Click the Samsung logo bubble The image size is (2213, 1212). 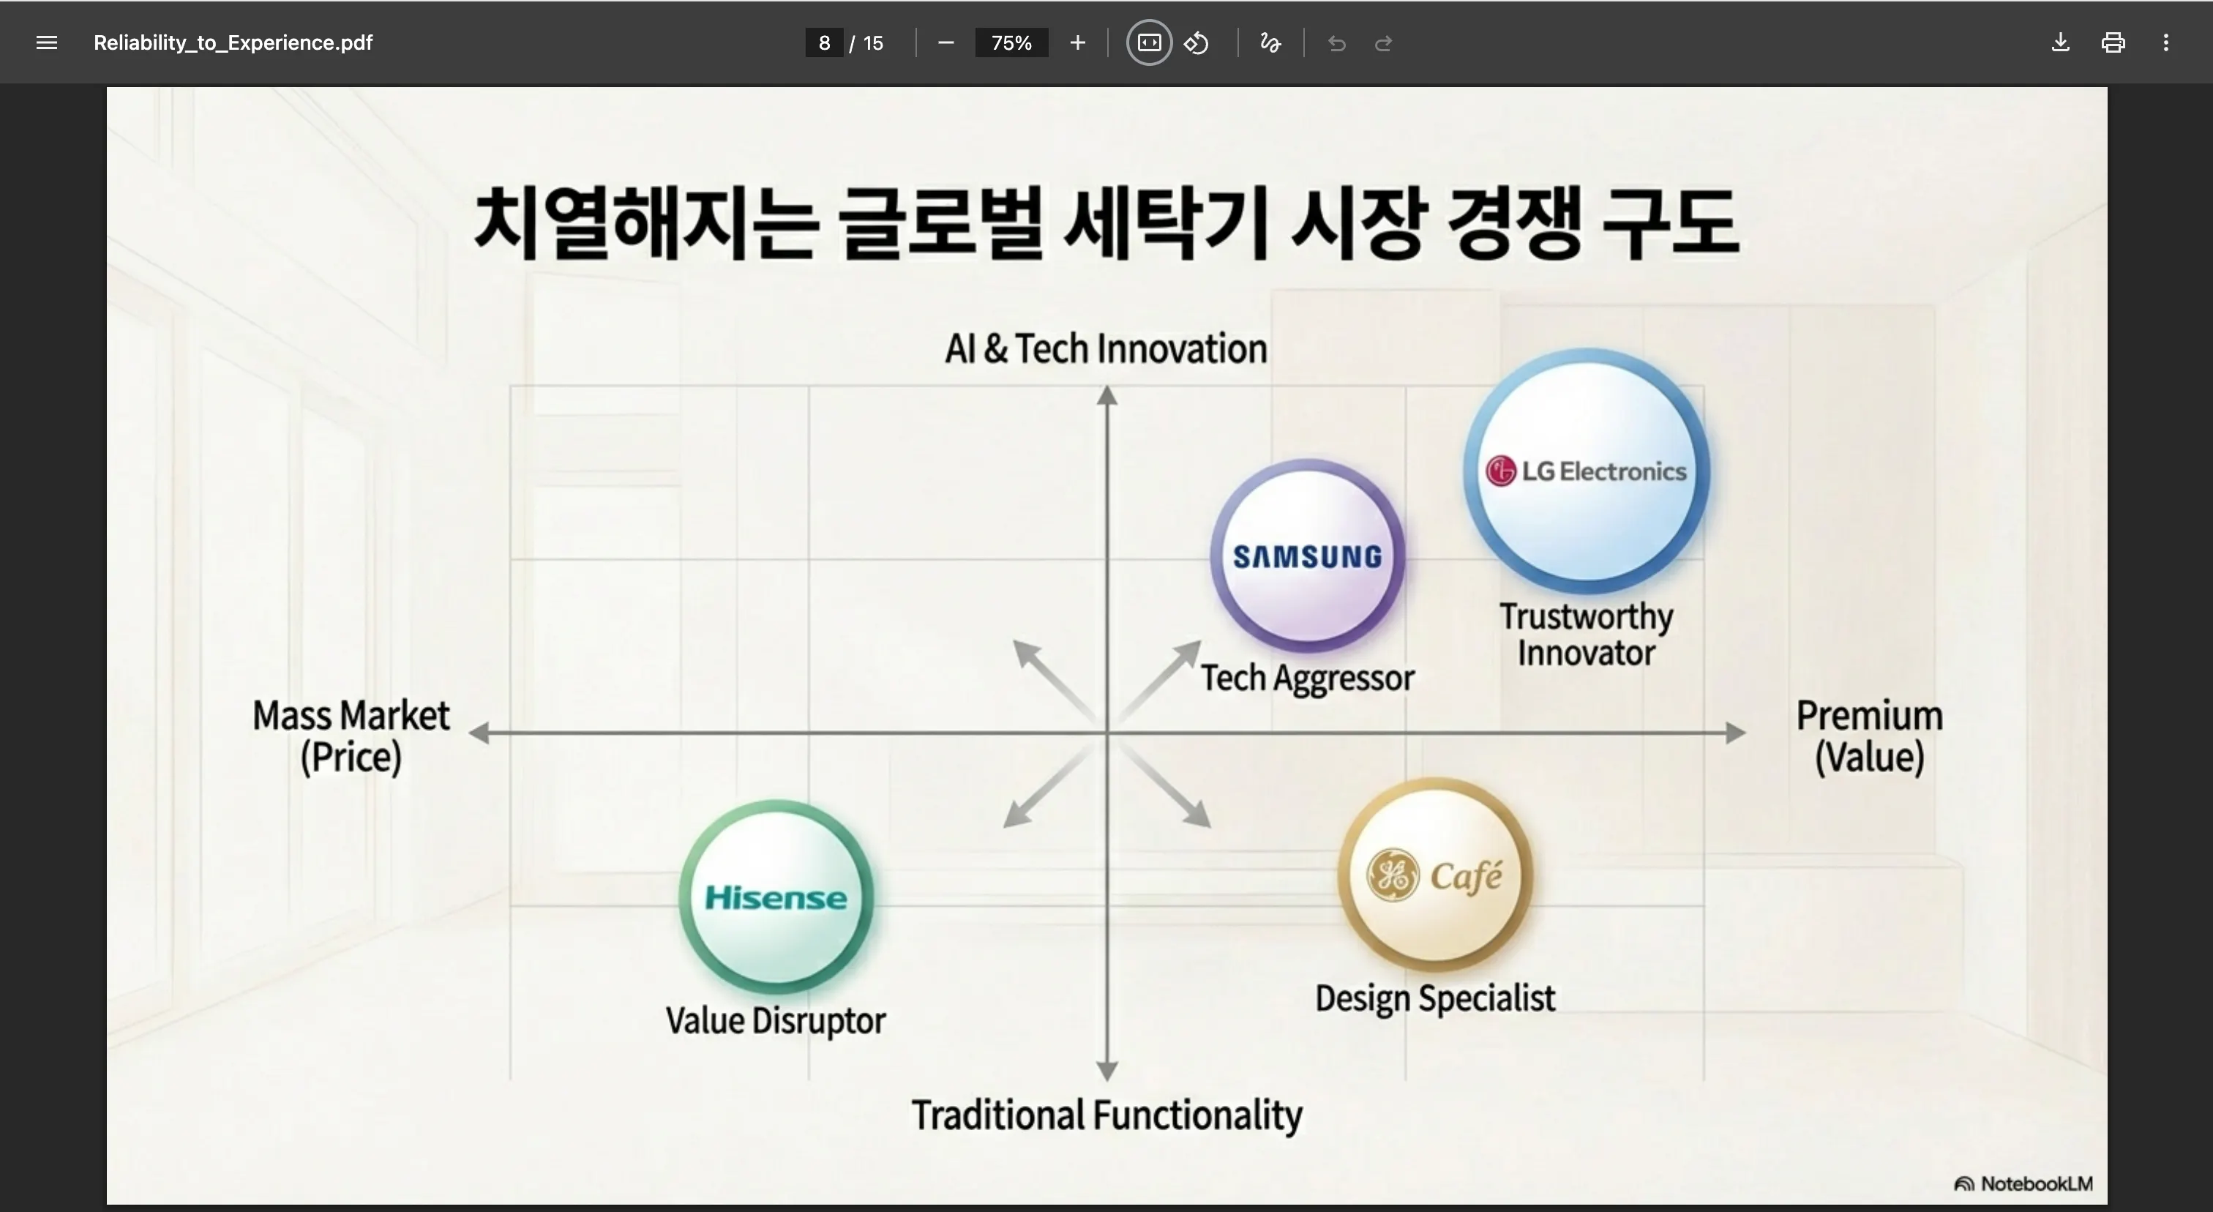[x=1308, y=555]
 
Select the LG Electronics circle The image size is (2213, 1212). [x=1586, y=471]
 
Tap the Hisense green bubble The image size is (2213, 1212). [x=776, y=897]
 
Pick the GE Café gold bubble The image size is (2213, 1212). [x=1434, y=875]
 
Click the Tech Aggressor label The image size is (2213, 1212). [x=1307, y=678]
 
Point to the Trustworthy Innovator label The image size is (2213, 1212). [x=1586, y=634]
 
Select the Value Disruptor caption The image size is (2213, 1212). [x=775, y=1020]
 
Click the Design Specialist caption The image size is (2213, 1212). [x=1434, y=998]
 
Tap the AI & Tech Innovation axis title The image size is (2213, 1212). [x=1106, y=348]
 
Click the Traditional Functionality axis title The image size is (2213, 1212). [x=1106, y=1115]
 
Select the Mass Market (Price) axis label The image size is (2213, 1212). [x=351, y=736]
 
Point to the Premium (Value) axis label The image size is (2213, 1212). [x=1869, y=736]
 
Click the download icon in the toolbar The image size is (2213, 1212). [x=2060, y=43]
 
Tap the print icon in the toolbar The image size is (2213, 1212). [x=2113, y=43]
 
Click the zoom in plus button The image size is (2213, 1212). [x=1077, y=43]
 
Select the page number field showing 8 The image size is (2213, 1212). [x=824, y=43]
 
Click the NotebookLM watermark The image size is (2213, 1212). [x=2024, y=1183]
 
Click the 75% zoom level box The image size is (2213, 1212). [x=1011, y=43]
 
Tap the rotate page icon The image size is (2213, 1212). [x=1197, y=43]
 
